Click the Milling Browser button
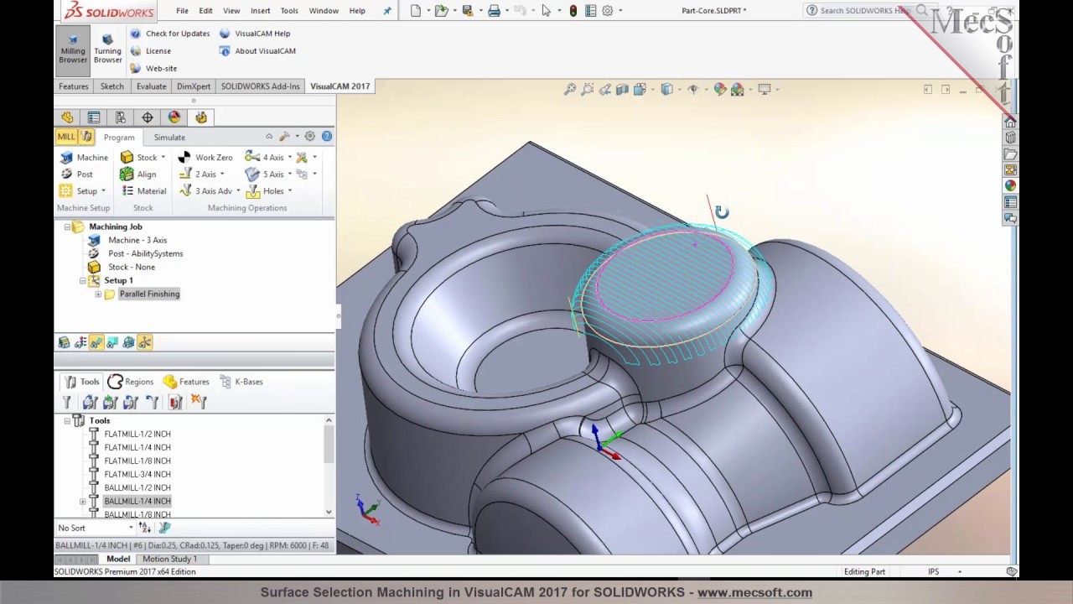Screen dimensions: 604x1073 point(73,49)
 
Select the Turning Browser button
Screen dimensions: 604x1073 point(107,49)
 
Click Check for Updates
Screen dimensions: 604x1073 point(177,34)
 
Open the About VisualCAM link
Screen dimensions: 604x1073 point(265,51)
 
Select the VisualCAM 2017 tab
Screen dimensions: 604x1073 point(340,86)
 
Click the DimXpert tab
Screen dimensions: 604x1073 point(194,86)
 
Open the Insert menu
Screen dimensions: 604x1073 point(260,11)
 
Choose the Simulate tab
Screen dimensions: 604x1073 point(169,138)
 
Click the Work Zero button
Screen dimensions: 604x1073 point(213,158)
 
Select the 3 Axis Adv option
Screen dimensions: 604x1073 point(213,191)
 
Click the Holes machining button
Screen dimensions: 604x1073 point(272,191)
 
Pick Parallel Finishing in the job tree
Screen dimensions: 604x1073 point(149,294)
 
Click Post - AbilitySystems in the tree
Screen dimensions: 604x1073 point(145,253)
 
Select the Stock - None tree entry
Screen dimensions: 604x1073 point(131,267)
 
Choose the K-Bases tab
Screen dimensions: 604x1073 point(248,382)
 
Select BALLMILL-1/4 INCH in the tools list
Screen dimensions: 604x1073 point(137,502)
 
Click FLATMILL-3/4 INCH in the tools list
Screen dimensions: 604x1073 point(137,475)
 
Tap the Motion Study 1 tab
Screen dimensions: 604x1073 point(169,560)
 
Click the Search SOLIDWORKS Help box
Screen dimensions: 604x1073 point(863,11)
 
